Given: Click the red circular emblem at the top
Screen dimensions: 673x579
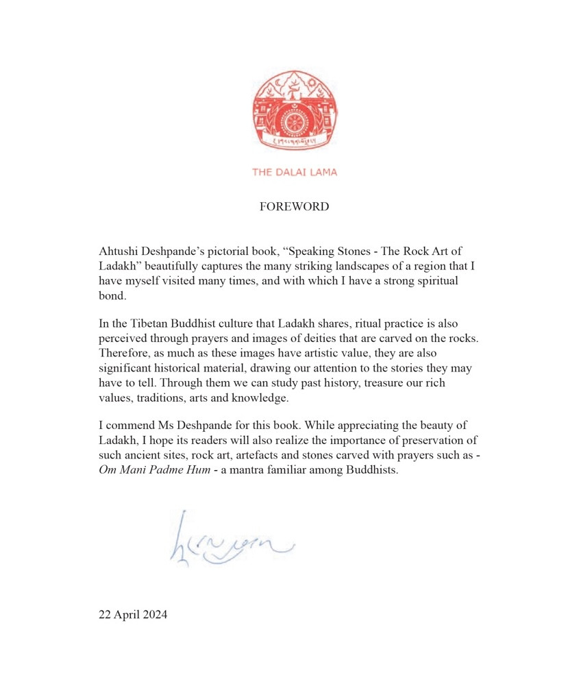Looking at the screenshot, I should (295, 110).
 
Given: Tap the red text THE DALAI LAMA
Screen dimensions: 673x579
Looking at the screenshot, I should (295, 172).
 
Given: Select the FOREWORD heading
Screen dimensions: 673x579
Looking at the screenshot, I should (294, 207).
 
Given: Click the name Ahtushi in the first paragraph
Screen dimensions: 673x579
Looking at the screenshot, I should (118, 252).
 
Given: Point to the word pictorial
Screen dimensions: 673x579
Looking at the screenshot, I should (222, 252).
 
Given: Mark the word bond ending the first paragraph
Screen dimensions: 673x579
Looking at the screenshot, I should (111, 295).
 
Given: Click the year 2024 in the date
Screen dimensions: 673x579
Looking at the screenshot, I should (154, 615).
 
